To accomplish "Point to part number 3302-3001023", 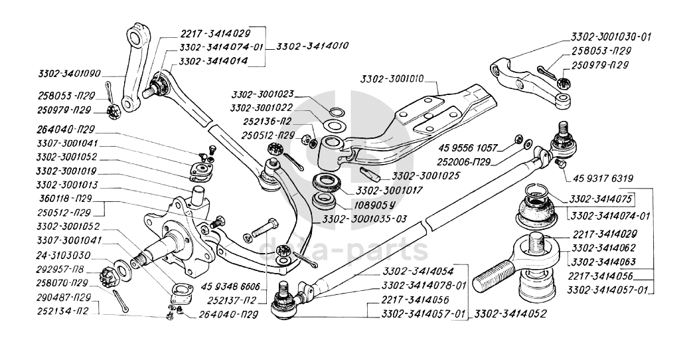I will (x=264, y=95).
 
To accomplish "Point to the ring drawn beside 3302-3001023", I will (x=336, y=110).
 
